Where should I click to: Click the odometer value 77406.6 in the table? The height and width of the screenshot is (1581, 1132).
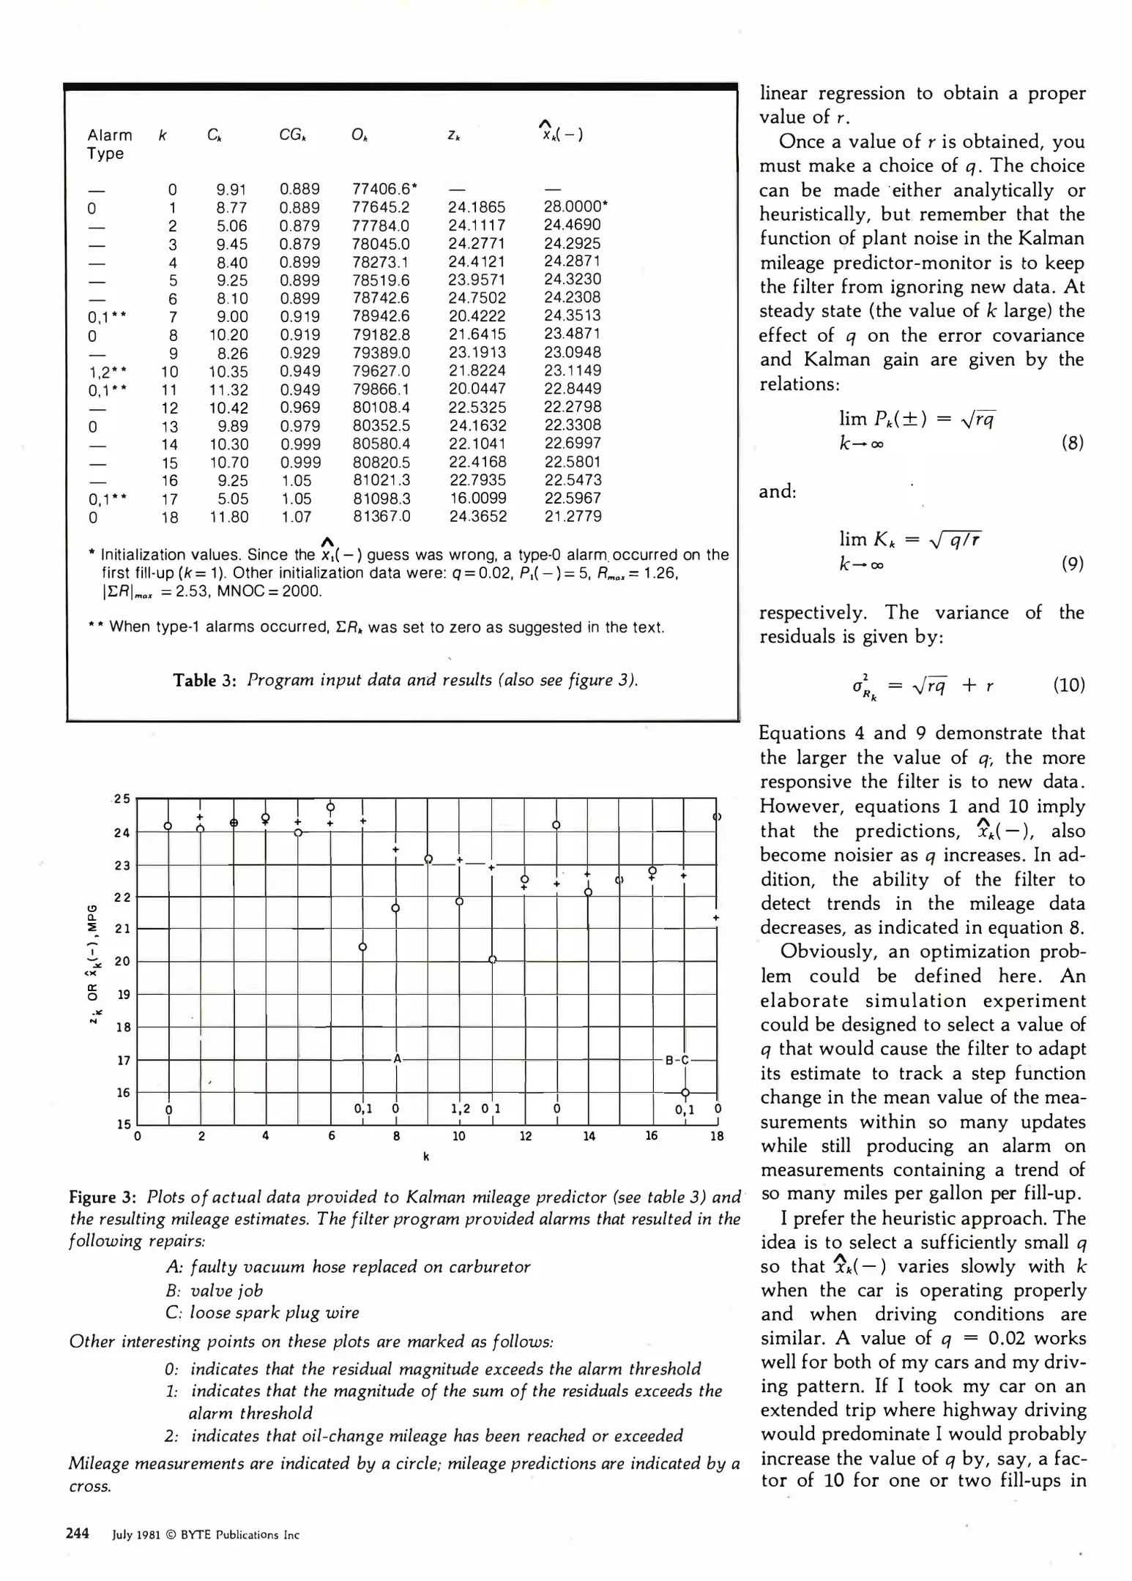click(x=381, y=189)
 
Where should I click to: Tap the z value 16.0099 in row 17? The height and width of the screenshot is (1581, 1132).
click(x=477, y=498)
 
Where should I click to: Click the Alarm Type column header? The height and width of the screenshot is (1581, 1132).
click(x=109, y=144)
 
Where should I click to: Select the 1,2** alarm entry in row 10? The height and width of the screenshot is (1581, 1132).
click(x=107, y=371)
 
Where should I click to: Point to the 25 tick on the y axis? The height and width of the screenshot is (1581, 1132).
click(x=122, y=799)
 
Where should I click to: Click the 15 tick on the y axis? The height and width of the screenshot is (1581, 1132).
click(x=123, y=1124)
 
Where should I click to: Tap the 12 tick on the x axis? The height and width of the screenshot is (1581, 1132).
click(x=525, y=1136)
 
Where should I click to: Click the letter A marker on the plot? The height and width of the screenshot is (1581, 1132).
click(x=397, y=1058)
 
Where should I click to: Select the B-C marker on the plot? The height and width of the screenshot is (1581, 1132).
click(x=677, y=1059)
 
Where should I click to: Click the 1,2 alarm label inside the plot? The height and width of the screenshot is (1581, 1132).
click(x=460, y=1108)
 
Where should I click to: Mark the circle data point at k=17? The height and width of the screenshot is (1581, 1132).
click(x=685, y=1092)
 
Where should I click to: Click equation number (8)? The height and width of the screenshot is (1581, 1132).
click(x=1072, y=443)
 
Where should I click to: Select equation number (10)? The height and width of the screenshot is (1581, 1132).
click(x=1068, y=685)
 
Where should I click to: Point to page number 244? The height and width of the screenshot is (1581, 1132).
click(x=78, y=1533)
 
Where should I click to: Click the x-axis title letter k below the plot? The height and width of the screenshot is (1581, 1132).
click(x=426, y=1156)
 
